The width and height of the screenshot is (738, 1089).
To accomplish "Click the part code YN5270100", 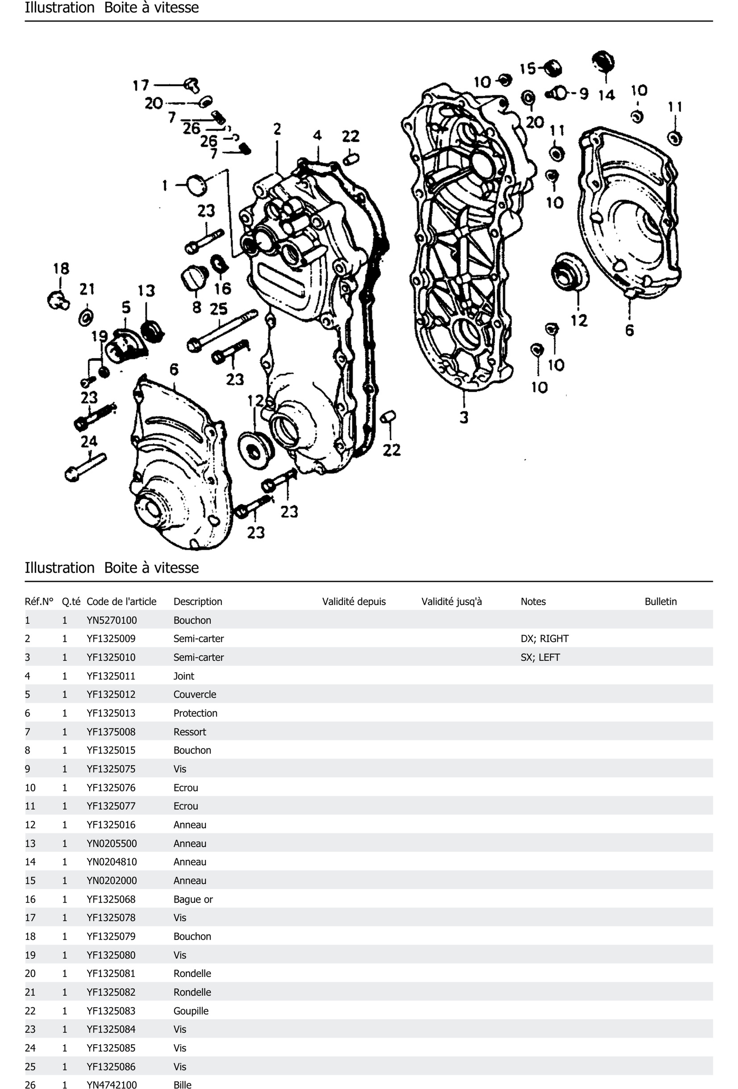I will click(112, 620).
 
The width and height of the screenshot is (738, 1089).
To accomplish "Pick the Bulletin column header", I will click(660, 601).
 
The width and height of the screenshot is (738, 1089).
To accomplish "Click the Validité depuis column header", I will click(354, 601).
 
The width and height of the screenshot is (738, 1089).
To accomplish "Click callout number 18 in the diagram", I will click(61, 269).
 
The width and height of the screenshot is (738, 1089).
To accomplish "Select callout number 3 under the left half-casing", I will click(463, 417).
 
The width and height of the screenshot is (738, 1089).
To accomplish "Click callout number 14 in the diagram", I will click(606, 95).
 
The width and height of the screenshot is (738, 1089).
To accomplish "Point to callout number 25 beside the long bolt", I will click(218, 309).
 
